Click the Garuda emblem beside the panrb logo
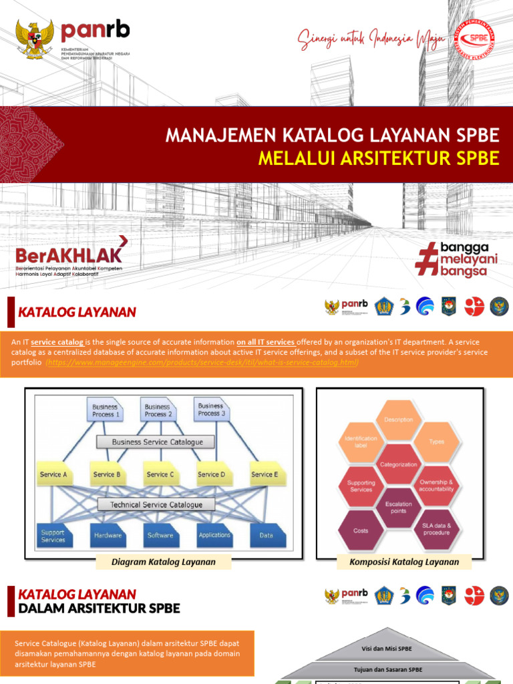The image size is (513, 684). (35, 41)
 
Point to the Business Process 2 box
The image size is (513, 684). (158, 410)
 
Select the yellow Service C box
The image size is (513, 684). (160, 474)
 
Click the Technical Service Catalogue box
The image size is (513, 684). (156, 504)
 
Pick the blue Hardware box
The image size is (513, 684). (108, 535)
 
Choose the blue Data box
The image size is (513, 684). (266, 535)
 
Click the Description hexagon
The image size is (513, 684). (398, 420)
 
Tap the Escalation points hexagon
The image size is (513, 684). (398, 508)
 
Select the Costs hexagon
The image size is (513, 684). (361, 530)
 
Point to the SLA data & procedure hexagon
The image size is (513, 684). (436, 529)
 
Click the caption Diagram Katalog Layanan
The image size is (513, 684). (164, 562)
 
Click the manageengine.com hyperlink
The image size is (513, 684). (202, 362)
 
